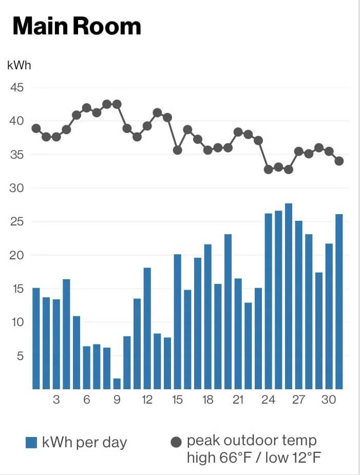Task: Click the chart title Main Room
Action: pyautogui.click(x=77, y=26)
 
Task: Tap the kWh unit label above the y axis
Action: pyautogui.click(x=19, y=65)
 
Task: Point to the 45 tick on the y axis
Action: pyautogui.click(x=17, y=88)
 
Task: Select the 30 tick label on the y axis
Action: pyautogui.click(x=17, y=188)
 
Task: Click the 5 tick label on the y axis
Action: pyautogui.click(x=20, y=356)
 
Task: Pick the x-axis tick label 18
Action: pyautogui.click(x=207, y=400)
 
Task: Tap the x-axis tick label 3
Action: pyautogui.click(x=56, y=400)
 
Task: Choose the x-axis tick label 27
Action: pyautogui.click(x=298, y=400)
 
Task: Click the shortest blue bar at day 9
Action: pyautogui.click(x=117, y=384)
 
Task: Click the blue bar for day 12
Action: pyautogui.click(x=147, y=328)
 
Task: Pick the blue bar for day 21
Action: pyautogui.click(x=238, y=334)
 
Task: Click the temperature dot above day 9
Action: pyautogui.click(x=117, y=104)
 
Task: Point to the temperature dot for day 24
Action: pyautogui.click(x=268, y=169)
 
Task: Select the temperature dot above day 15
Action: pyautogui.click(x=177, y=150)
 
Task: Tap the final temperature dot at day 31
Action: pyautogui.click(x=339, y=161)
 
